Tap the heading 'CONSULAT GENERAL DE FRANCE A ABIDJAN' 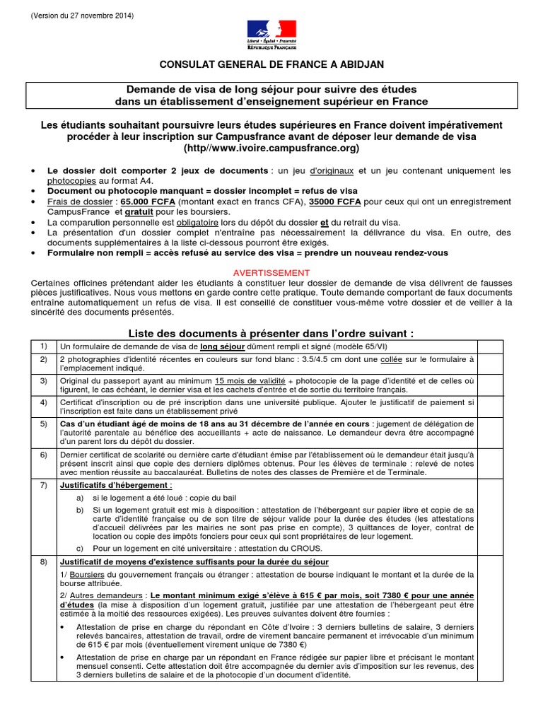(x=271, y=64)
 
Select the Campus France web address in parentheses (x=271, y=148)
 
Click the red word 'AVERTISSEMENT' (x=271, y=272)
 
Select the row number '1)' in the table (x=43, y=346)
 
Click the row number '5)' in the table (x=43, y=424)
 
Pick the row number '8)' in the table (x=43, y=562)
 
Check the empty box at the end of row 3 (x=490, y=385)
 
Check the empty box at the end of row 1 (x=490, y=346)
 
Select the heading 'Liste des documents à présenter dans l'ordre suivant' (x=271, y=332)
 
